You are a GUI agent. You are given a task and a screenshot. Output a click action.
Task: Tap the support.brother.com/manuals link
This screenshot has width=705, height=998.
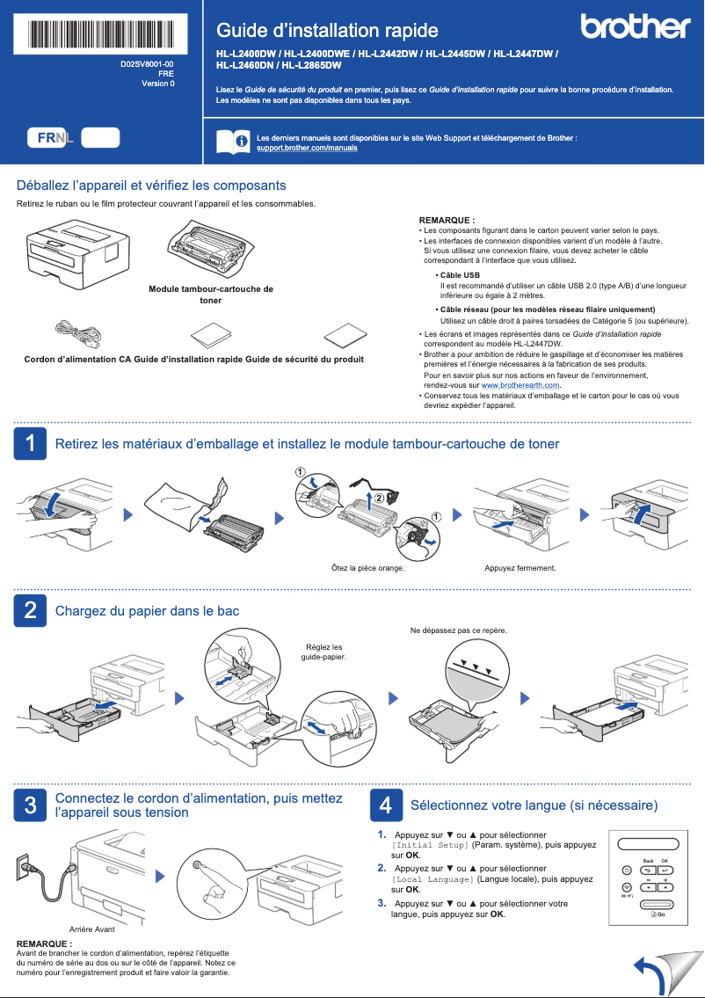click(306, 149)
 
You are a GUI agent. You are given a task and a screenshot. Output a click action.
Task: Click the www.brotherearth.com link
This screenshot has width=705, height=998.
click(520, 385)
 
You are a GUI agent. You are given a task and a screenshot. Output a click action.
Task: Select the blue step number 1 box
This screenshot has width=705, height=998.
click(30, 444)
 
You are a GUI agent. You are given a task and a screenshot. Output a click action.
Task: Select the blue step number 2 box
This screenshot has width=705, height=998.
click(30, 610)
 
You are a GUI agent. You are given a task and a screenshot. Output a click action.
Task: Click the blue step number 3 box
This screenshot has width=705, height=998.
click(30, 805)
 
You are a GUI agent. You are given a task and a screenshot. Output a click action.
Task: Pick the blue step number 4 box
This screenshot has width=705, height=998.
click(385, 805)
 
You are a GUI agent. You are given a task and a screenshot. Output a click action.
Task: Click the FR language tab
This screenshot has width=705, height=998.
click(47, 138)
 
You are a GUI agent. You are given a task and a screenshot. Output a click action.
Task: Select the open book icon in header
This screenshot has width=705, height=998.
click(232, 142)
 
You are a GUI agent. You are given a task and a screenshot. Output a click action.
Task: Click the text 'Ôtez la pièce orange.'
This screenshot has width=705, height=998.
click(367, 568)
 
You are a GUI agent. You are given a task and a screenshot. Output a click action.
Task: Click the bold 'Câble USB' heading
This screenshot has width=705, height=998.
click(459, 275)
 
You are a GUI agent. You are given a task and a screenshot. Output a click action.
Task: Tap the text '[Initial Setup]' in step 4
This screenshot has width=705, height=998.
click(430, 845)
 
